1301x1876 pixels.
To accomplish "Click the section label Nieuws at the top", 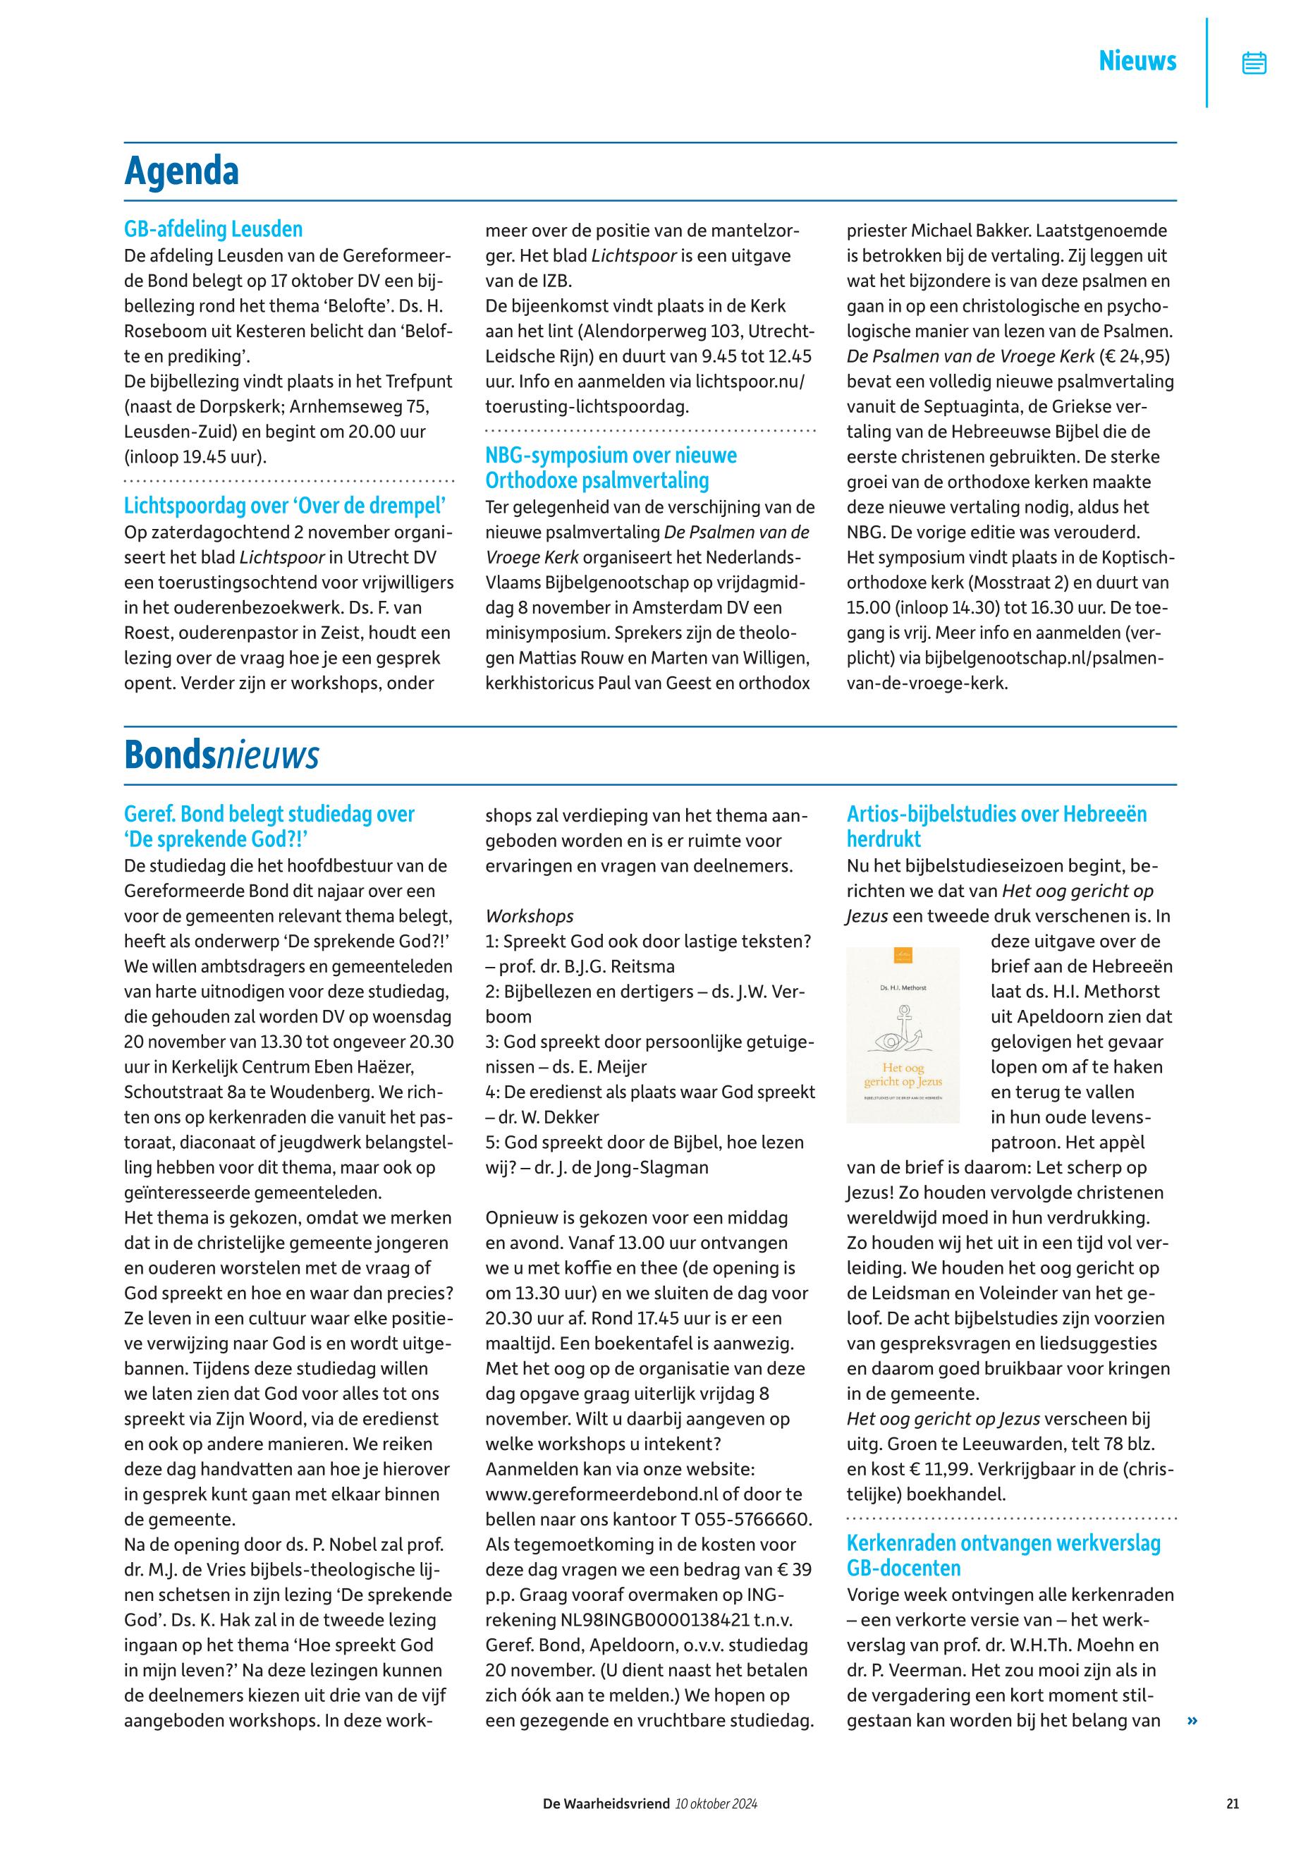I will pos(1137,61).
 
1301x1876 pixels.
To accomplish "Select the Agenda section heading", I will pos(182,171).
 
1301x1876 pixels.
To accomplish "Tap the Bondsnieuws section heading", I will pos(221,756).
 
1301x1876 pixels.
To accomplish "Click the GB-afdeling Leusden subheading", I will pos(213,229).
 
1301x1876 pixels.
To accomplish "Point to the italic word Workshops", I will pos(529,916).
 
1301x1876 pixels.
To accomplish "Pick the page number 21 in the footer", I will pos(1232,1804).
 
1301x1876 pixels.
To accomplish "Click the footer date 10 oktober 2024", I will pos(716,1804).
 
